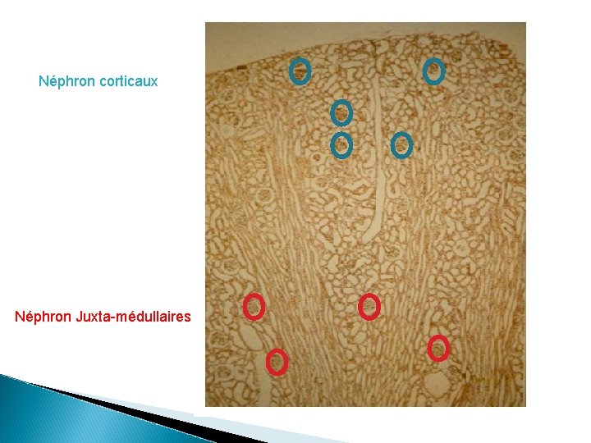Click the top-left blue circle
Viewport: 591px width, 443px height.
[300, 72]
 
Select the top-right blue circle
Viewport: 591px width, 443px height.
[433, 71]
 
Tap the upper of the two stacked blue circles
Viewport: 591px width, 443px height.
[341, 112]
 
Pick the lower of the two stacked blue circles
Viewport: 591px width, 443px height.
[341, 145]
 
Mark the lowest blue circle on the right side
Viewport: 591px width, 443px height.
[401, 145]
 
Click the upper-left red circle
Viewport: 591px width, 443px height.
[254, 307]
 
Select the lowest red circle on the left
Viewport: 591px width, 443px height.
[277, 361]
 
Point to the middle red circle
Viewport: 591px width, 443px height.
[369, 306]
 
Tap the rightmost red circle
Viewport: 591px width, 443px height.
[439, 348]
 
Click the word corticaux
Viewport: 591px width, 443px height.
[128, 82]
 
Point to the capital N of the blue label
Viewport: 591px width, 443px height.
[44, 82]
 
